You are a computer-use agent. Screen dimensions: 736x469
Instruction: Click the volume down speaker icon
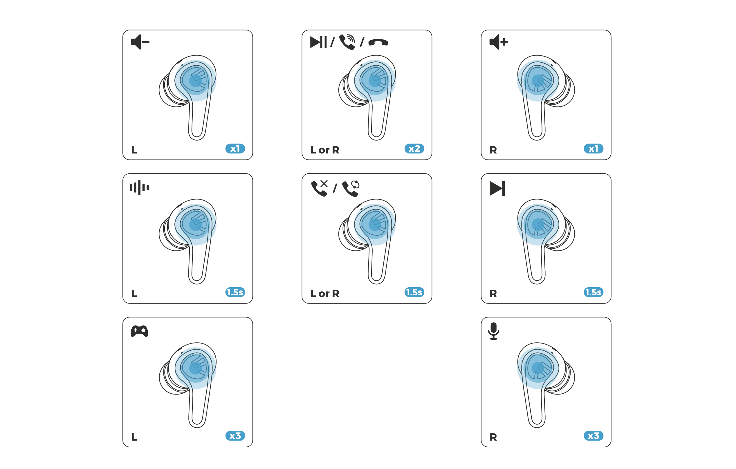140,42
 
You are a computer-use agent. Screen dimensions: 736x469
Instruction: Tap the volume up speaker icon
498,42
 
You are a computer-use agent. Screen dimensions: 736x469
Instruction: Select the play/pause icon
318,42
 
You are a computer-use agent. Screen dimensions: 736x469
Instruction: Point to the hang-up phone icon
378,42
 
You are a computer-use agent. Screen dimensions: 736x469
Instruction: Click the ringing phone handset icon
347,42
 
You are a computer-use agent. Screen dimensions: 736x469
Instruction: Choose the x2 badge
414,149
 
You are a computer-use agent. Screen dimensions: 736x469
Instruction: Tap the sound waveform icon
139,187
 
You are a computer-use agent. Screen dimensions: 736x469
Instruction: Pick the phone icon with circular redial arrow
351,188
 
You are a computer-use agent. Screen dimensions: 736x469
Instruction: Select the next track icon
497,188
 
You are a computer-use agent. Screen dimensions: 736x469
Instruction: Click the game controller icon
139,331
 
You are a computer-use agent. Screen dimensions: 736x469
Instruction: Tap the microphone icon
493,331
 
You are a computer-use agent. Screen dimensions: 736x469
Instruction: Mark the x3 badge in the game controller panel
235,436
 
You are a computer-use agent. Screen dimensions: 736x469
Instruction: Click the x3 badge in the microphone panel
593,436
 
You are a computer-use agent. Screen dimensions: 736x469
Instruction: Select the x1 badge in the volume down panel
235,149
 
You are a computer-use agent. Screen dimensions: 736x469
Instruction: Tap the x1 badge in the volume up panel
593,149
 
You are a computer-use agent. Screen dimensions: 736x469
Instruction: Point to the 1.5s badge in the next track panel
593,292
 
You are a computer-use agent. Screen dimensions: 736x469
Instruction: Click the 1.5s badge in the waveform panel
235,292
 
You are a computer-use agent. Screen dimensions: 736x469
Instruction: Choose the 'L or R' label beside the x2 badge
324,150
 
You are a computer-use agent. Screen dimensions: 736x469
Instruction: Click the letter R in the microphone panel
493,437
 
